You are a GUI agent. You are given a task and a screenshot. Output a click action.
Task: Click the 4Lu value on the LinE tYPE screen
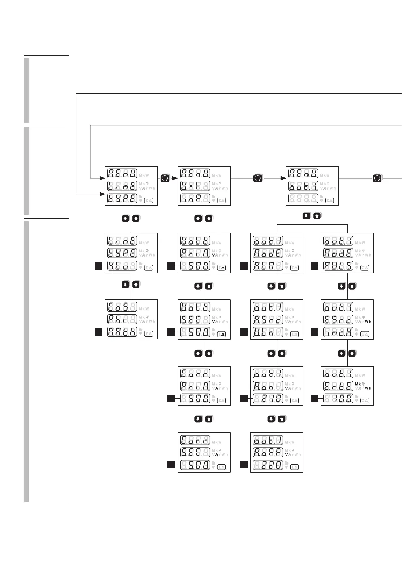122,266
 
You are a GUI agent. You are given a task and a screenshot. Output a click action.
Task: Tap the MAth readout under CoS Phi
122,332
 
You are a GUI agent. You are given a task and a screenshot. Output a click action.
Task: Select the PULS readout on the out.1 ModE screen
338,266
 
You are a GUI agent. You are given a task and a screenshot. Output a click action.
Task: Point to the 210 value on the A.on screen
268,399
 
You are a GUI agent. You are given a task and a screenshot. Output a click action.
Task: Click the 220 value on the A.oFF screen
268,465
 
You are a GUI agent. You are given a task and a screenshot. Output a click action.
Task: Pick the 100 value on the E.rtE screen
338,399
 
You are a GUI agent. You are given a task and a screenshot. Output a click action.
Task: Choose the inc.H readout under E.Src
338,332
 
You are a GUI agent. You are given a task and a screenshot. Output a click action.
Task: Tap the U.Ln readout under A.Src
268,332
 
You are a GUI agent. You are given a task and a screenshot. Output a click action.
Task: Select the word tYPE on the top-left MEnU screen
122,199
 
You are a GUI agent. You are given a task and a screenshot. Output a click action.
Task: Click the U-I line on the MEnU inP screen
195,186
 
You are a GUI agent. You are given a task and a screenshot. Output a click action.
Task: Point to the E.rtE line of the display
338,386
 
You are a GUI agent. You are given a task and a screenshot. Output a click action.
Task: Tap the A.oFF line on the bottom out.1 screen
268,452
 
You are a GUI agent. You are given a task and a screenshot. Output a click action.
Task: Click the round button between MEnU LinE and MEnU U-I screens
165,178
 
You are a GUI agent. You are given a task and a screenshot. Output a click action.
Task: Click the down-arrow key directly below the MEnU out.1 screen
306,215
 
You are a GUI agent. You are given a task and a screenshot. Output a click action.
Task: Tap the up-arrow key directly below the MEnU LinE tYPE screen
136,218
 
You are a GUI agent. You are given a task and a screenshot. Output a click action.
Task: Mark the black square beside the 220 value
244,465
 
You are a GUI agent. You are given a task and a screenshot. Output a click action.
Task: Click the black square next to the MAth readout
98,332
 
